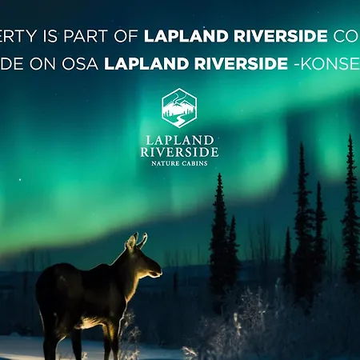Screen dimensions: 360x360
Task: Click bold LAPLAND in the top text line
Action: [x=183, y=36]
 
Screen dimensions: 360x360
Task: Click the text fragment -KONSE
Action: [x=328, y=63]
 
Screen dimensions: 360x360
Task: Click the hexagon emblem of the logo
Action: [x=179, y=107]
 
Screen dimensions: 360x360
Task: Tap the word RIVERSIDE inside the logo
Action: [x=179, y=151]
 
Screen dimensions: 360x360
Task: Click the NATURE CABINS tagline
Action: [x=179, y=163]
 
